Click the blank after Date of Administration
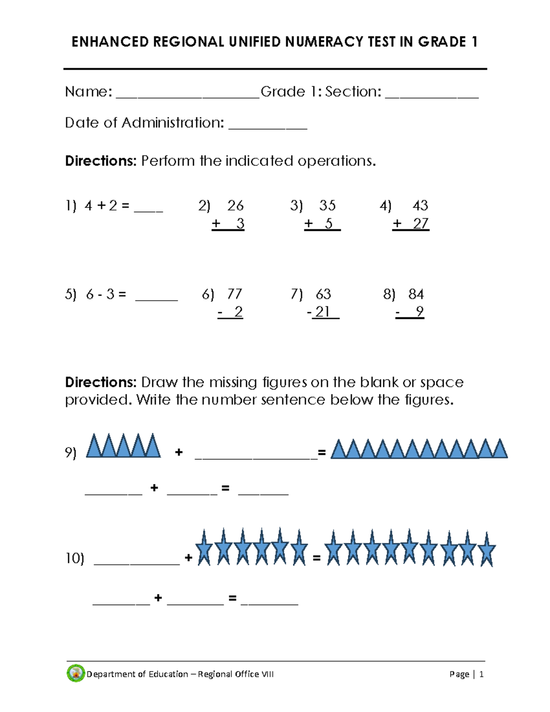[x=268, y=127]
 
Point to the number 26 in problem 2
[x=235, y=205]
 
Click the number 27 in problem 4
[x=420, y=224]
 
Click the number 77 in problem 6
[x=234, y=294]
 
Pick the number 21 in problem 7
[x=323, y=312]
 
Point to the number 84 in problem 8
[x=416, y=294]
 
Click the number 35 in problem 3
[x=327, y=205]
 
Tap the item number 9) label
[x=71, y=453]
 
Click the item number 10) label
[x=75, y=558]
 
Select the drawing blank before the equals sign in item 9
[x=256, y=455]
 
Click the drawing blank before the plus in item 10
[x=137, y=562]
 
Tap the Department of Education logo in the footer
[x=76, y=673]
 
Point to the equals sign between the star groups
[x=316, y=558]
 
